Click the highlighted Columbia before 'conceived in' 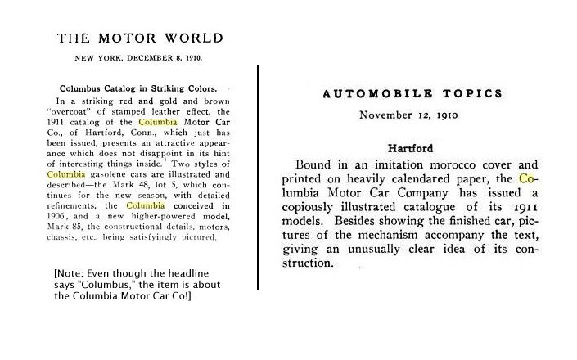(x=150, y=205)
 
